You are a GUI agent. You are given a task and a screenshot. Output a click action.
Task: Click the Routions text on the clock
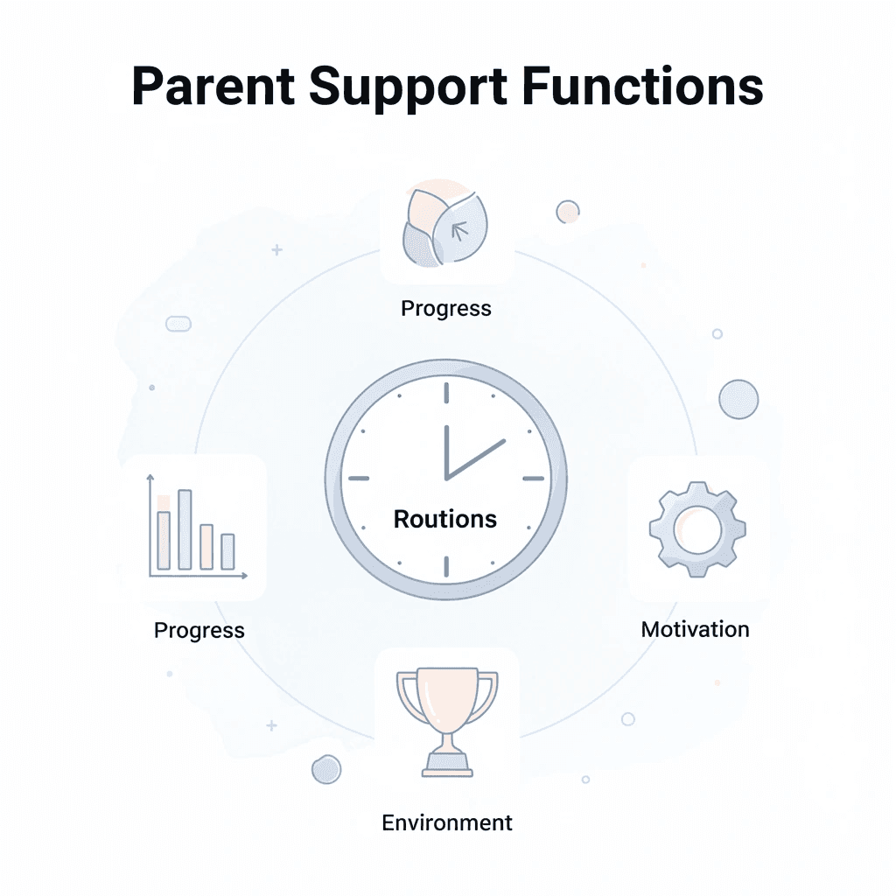(x=445, y=519)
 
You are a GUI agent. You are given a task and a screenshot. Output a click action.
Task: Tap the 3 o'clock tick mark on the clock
(x=534, y=479)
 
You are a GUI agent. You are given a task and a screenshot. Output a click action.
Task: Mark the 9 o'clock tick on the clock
(x=359, y=479)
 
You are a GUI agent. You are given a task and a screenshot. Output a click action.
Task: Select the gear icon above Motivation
(x=697, y=528)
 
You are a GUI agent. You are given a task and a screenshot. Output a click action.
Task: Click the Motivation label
(x=696, y=629)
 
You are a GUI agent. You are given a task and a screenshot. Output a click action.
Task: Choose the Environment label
(x=447, y=822)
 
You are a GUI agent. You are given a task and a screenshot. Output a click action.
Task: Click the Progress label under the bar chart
(x=199, y=630)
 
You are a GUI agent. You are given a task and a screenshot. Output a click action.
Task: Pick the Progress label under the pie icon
(x=446, y=308)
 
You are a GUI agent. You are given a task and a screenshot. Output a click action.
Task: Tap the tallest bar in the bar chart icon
(x=185, y=528)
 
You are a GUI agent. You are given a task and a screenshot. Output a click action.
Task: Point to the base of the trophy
(x=447, y=768)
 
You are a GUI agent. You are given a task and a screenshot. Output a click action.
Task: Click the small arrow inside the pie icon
(x=458, y=230)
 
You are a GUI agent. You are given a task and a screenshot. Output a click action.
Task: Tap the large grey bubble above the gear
(x=738, y=399)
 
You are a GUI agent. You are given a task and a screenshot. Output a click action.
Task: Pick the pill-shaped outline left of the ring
(x=178, y=324)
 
